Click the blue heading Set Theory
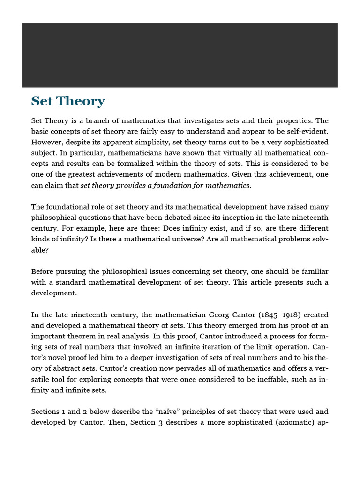click(68, 101)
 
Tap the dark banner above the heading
click(180, 55)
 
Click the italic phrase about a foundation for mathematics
click(165, 185)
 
